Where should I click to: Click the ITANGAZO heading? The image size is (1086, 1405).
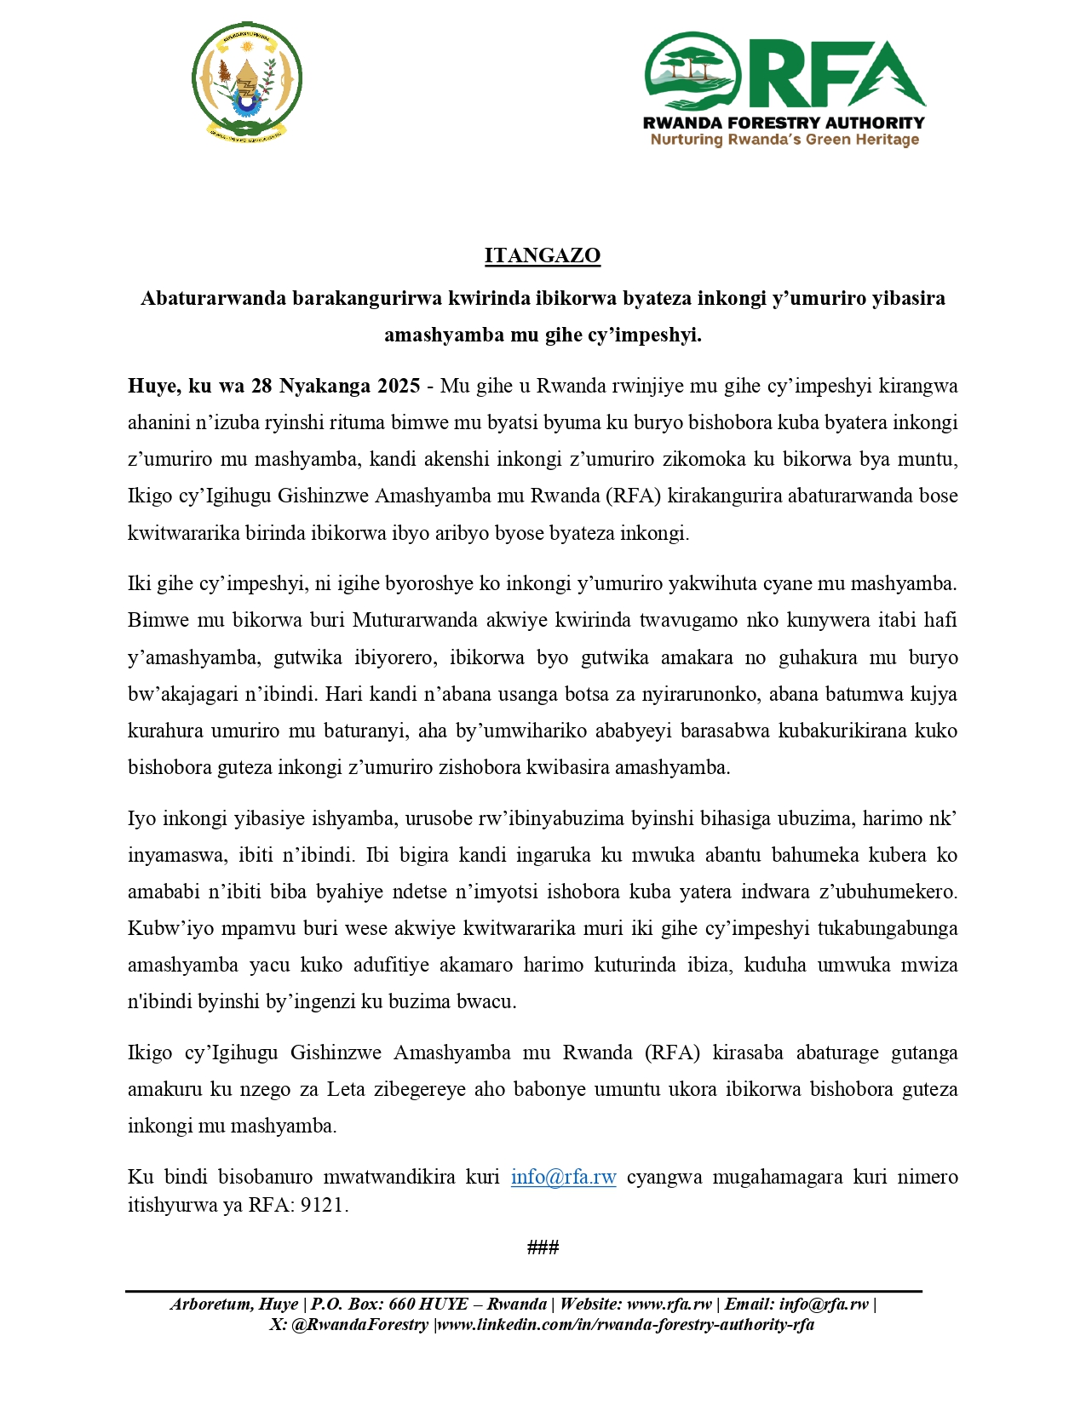[x=543, y=255]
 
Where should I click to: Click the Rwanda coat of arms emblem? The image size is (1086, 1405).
[x=246, y=82]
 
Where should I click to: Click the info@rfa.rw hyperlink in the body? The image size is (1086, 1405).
[x=563, y=1177]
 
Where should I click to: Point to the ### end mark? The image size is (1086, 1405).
[x=543, y=1247]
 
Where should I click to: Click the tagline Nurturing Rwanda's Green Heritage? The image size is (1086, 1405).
[x=784, y=140]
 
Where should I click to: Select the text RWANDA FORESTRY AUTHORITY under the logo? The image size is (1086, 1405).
[x=784, y=123]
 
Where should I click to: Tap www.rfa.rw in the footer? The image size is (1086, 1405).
[x=669, y=1305]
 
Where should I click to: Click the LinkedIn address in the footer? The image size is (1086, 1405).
[x=626, y=1324]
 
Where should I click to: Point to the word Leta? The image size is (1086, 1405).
[x=346, y=1089]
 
